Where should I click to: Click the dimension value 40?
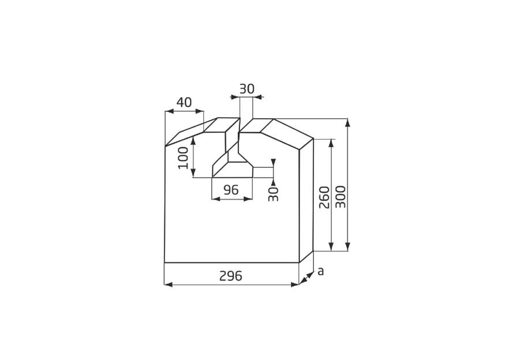[x=184, y=103]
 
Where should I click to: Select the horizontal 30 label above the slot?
[x=246, y=89]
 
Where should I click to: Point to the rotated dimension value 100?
[x=183, y=157]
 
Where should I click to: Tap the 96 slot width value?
[x=231, y=190]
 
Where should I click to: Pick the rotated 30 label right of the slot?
[x=274, y=193]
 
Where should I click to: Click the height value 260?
[x=324, y=197]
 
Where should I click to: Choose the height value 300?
[x=340, y=197]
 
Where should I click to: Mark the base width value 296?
[x=231, y=276]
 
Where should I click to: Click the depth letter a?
[x=321, y=271]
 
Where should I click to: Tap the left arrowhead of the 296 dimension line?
[x=168, y=284]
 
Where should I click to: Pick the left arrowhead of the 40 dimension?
[x=168, y=111]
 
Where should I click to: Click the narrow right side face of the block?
[x=306, y=199]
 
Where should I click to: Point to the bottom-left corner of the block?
[x=164, y=262]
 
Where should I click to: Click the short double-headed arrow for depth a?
[x=308, y=277]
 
